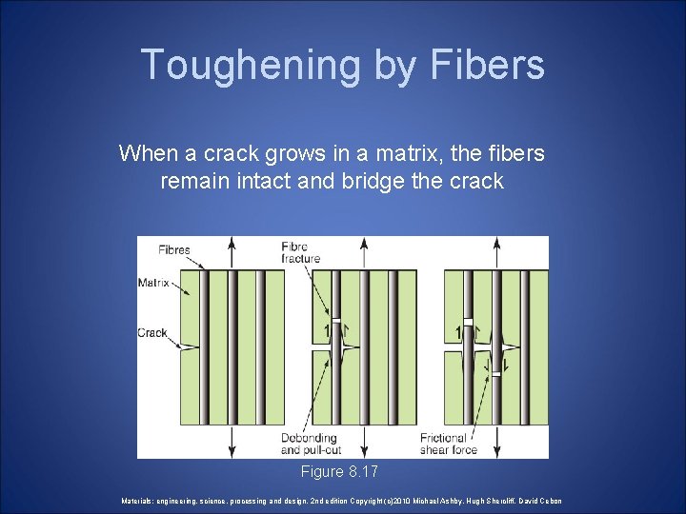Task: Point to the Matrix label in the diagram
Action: tap(154, 282)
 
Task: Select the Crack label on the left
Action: tap(152, 333)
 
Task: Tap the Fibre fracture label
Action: tap(301, 253)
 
